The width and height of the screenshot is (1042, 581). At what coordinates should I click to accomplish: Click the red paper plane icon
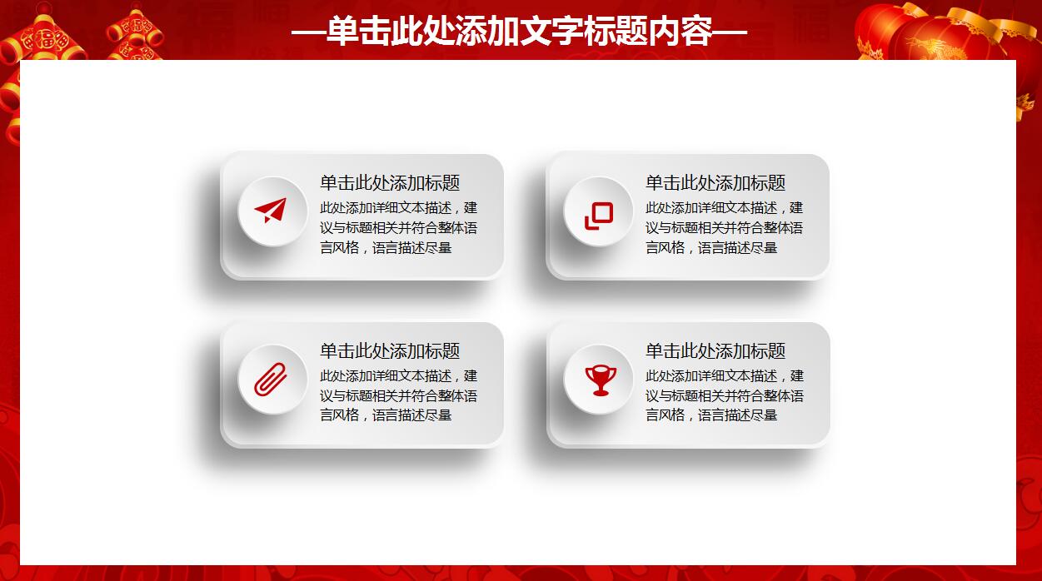(x=271, y=211)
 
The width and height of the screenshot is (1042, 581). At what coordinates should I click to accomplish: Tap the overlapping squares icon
(x=598, y=215)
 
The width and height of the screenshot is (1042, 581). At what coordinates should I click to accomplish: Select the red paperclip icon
(x=271, y=380)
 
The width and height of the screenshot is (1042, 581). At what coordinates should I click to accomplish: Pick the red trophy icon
(x=599, y=380)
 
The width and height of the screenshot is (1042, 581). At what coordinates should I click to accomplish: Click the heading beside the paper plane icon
(x=390, y=183)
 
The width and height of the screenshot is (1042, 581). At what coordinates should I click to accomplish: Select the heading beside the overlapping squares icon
(x=715, y=183)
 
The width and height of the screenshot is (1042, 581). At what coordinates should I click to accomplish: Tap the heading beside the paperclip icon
(x=390, y=351)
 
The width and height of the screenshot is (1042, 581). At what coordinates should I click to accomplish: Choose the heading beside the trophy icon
(x=715, y=351)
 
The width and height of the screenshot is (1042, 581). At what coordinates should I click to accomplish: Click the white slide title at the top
(x=520, y=32)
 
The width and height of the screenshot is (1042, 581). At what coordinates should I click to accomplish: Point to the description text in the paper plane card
(x=398, y=228)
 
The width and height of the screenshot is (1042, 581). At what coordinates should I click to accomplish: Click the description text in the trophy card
(x=724, y=395)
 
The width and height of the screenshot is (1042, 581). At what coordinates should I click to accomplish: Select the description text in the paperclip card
(x=398, y=395)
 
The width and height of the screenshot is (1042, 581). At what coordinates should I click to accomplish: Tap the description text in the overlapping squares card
(x=724, y=228)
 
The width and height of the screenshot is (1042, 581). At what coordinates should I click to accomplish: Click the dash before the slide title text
(x=308, y=32)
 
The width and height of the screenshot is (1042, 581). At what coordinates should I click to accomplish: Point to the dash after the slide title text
(x=731, y=32)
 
